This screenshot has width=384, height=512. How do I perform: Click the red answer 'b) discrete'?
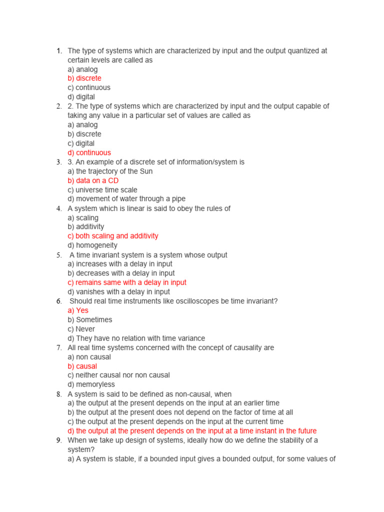click(x=84, y=78)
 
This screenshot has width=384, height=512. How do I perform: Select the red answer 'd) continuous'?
click(x=89, y=152)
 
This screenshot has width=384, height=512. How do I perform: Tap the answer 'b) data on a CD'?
click(x=93, y=180)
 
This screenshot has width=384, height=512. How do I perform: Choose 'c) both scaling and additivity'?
click(x=113, y=236)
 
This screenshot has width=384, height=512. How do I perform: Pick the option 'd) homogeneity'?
click(x=92, y=245)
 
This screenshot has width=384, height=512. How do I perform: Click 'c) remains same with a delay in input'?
click(x=127, y=282)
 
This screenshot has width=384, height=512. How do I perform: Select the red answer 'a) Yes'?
click(x=78, y=310)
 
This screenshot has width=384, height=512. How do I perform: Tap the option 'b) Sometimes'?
click(x=90, y=319)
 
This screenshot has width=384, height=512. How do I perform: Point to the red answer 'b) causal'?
click(x=82, y=366)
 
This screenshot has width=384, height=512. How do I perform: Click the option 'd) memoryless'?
click(x=91, y=384)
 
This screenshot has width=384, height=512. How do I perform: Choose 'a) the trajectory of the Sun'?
click(x=110, y=171)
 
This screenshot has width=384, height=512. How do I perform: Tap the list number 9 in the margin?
click(x=58, y=440)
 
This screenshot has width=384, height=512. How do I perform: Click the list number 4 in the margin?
click(x=58, y=208)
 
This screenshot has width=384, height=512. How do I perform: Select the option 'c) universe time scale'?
click(x=102, y=190)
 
